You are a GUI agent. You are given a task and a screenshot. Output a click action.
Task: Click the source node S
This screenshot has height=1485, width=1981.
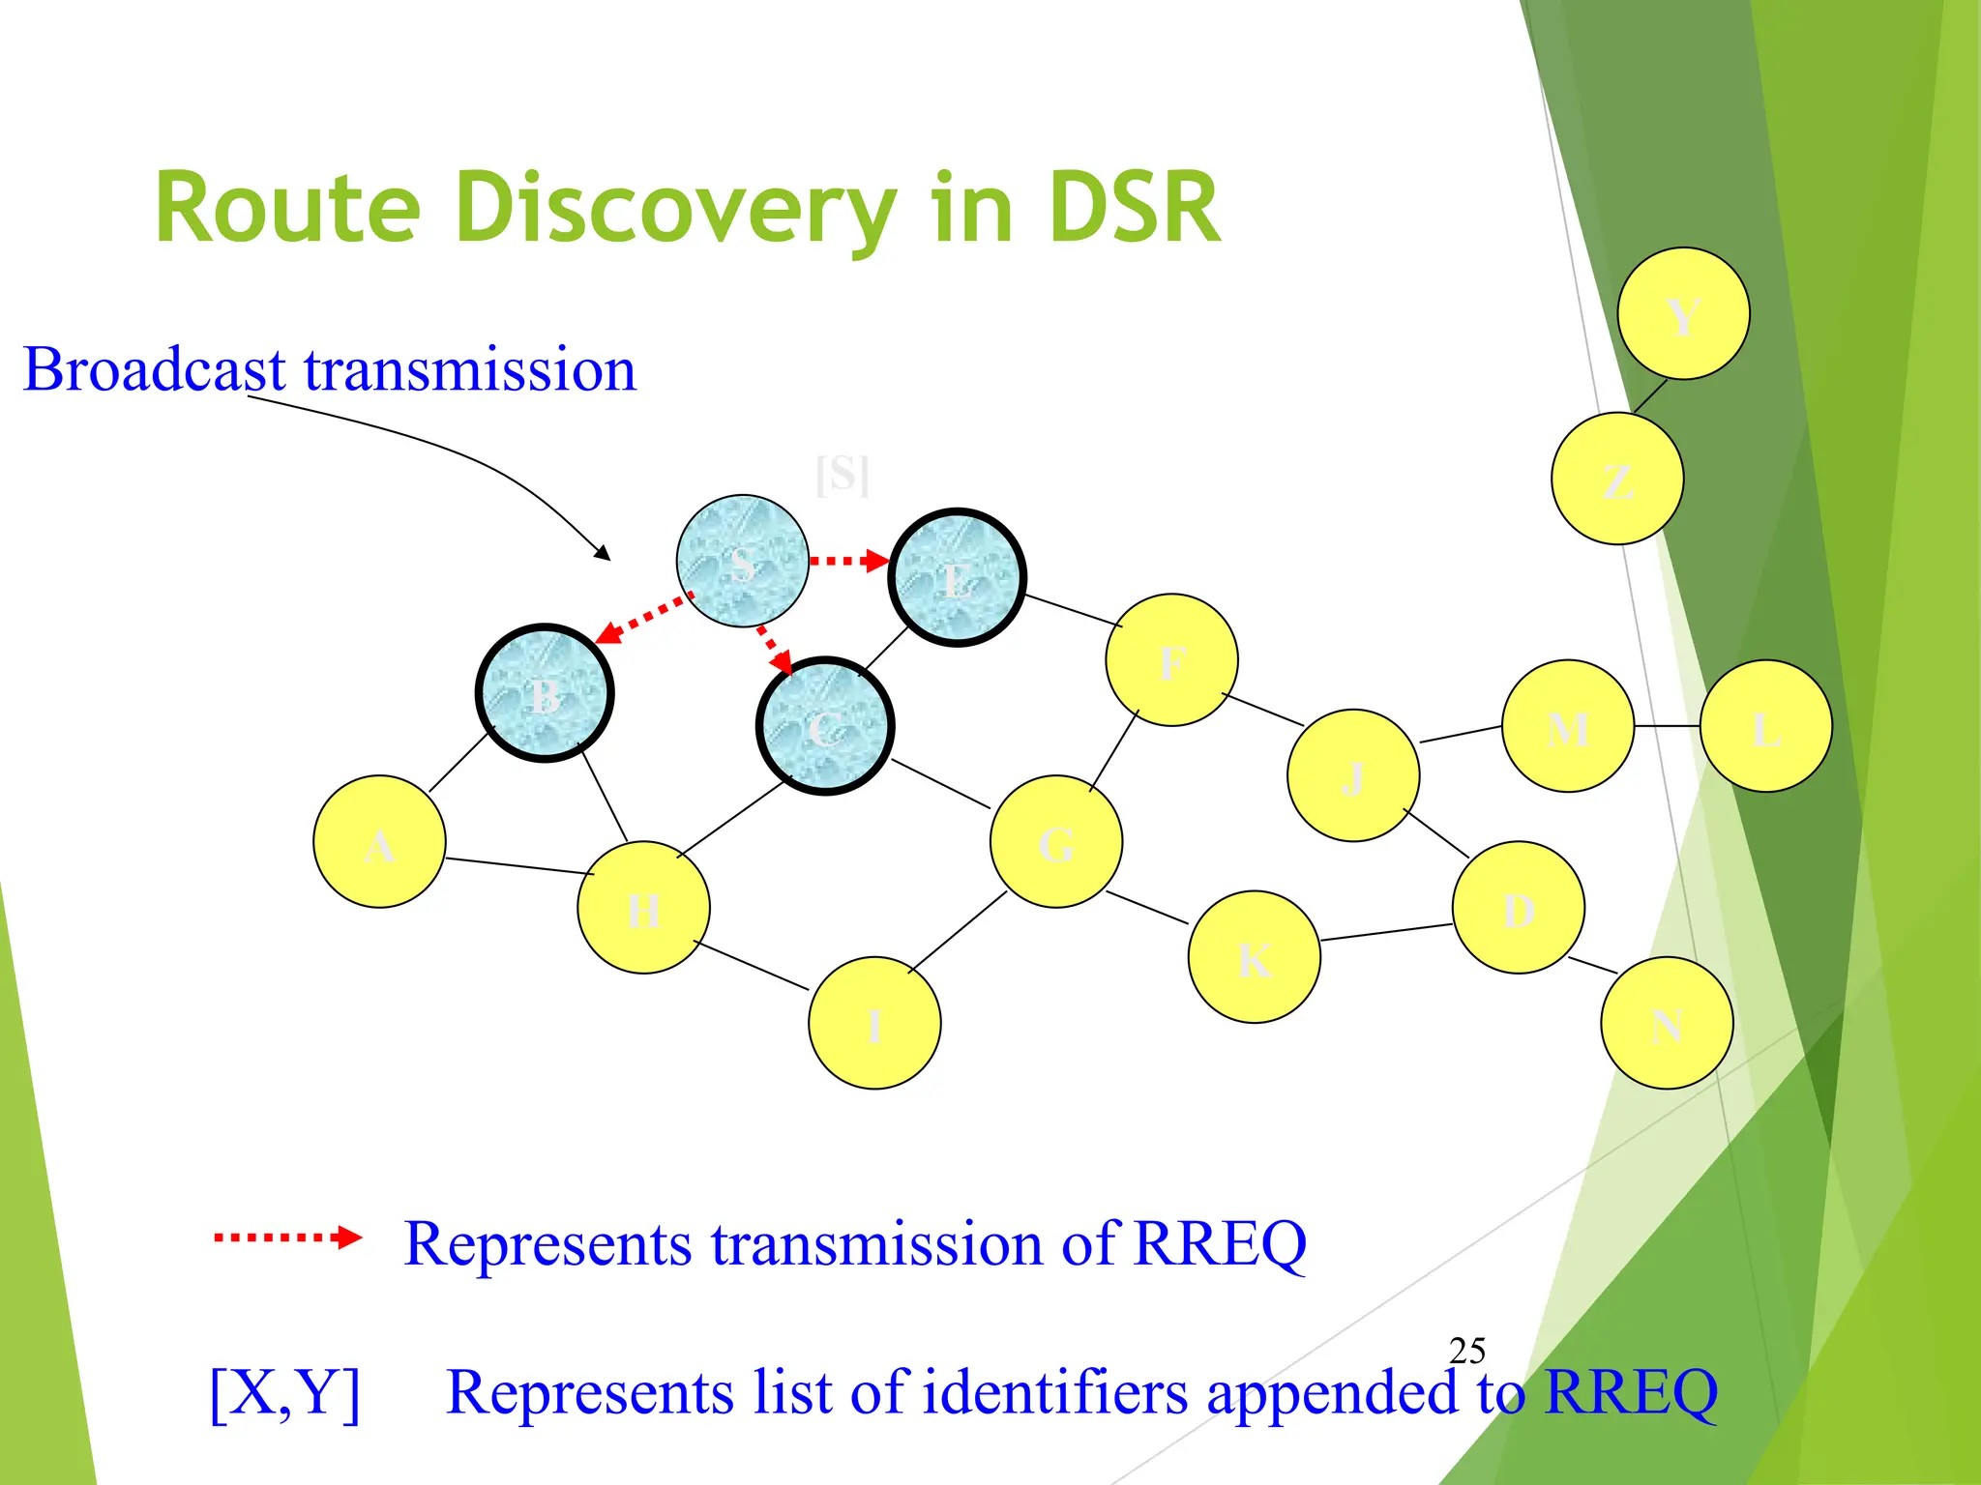tap(742, 561)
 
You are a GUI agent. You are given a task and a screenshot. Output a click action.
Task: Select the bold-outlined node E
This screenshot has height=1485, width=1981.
tap(957, 577)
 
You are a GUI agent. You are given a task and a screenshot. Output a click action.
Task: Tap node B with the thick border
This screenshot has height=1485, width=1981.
tap(545, 693)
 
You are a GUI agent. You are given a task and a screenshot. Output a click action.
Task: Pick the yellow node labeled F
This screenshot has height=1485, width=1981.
tap(1171, 659)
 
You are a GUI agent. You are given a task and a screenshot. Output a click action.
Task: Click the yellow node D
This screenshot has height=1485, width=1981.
tap(1518, 907)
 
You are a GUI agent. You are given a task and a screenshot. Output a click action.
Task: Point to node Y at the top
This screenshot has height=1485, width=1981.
tap(1683, 313)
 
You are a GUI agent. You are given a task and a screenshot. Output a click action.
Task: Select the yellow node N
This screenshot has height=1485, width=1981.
tap(1666, 1023)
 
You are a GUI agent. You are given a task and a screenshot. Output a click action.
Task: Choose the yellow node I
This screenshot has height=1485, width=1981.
tap(874, 1023)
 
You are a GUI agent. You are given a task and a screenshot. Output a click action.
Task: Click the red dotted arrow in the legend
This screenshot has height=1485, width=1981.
tap(286, 1237)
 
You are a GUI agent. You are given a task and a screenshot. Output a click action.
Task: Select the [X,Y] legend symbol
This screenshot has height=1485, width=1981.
tap(285, 1392)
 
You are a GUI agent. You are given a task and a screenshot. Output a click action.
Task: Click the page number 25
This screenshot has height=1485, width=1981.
tap(1466, 1351)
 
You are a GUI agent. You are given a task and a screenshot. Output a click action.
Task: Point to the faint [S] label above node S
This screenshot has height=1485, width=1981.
tap(842, 475)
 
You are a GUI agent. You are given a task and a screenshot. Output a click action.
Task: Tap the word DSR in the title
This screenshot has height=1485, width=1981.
tap(1134, 208)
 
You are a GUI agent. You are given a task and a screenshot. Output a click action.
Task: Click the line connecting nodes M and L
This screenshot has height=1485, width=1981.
tap(1667, 725)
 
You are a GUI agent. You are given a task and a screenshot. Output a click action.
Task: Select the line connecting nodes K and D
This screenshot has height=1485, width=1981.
tap(1386, 932)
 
